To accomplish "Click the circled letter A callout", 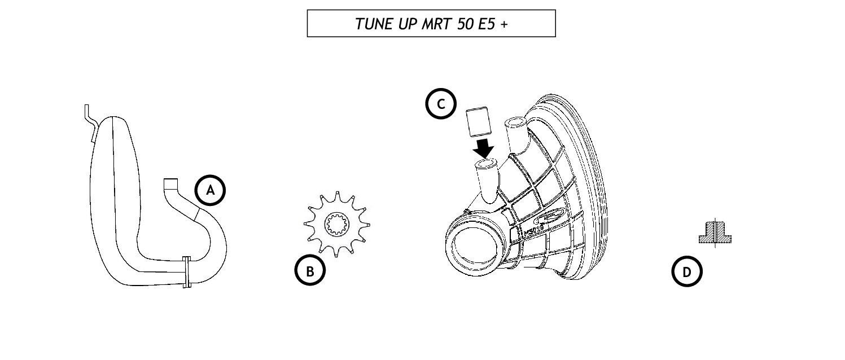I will [210, 191].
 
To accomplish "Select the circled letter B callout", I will [310, 271].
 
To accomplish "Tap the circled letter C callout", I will [440, 104].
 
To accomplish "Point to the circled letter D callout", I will [686, 272].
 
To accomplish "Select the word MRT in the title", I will [435, 24].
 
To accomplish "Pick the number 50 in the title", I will [465, 24].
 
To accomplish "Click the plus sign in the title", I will [504, 24].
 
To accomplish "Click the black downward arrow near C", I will [484, 149].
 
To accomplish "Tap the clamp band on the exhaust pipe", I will [186, 271].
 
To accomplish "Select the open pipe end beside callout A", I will [170, 184].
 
